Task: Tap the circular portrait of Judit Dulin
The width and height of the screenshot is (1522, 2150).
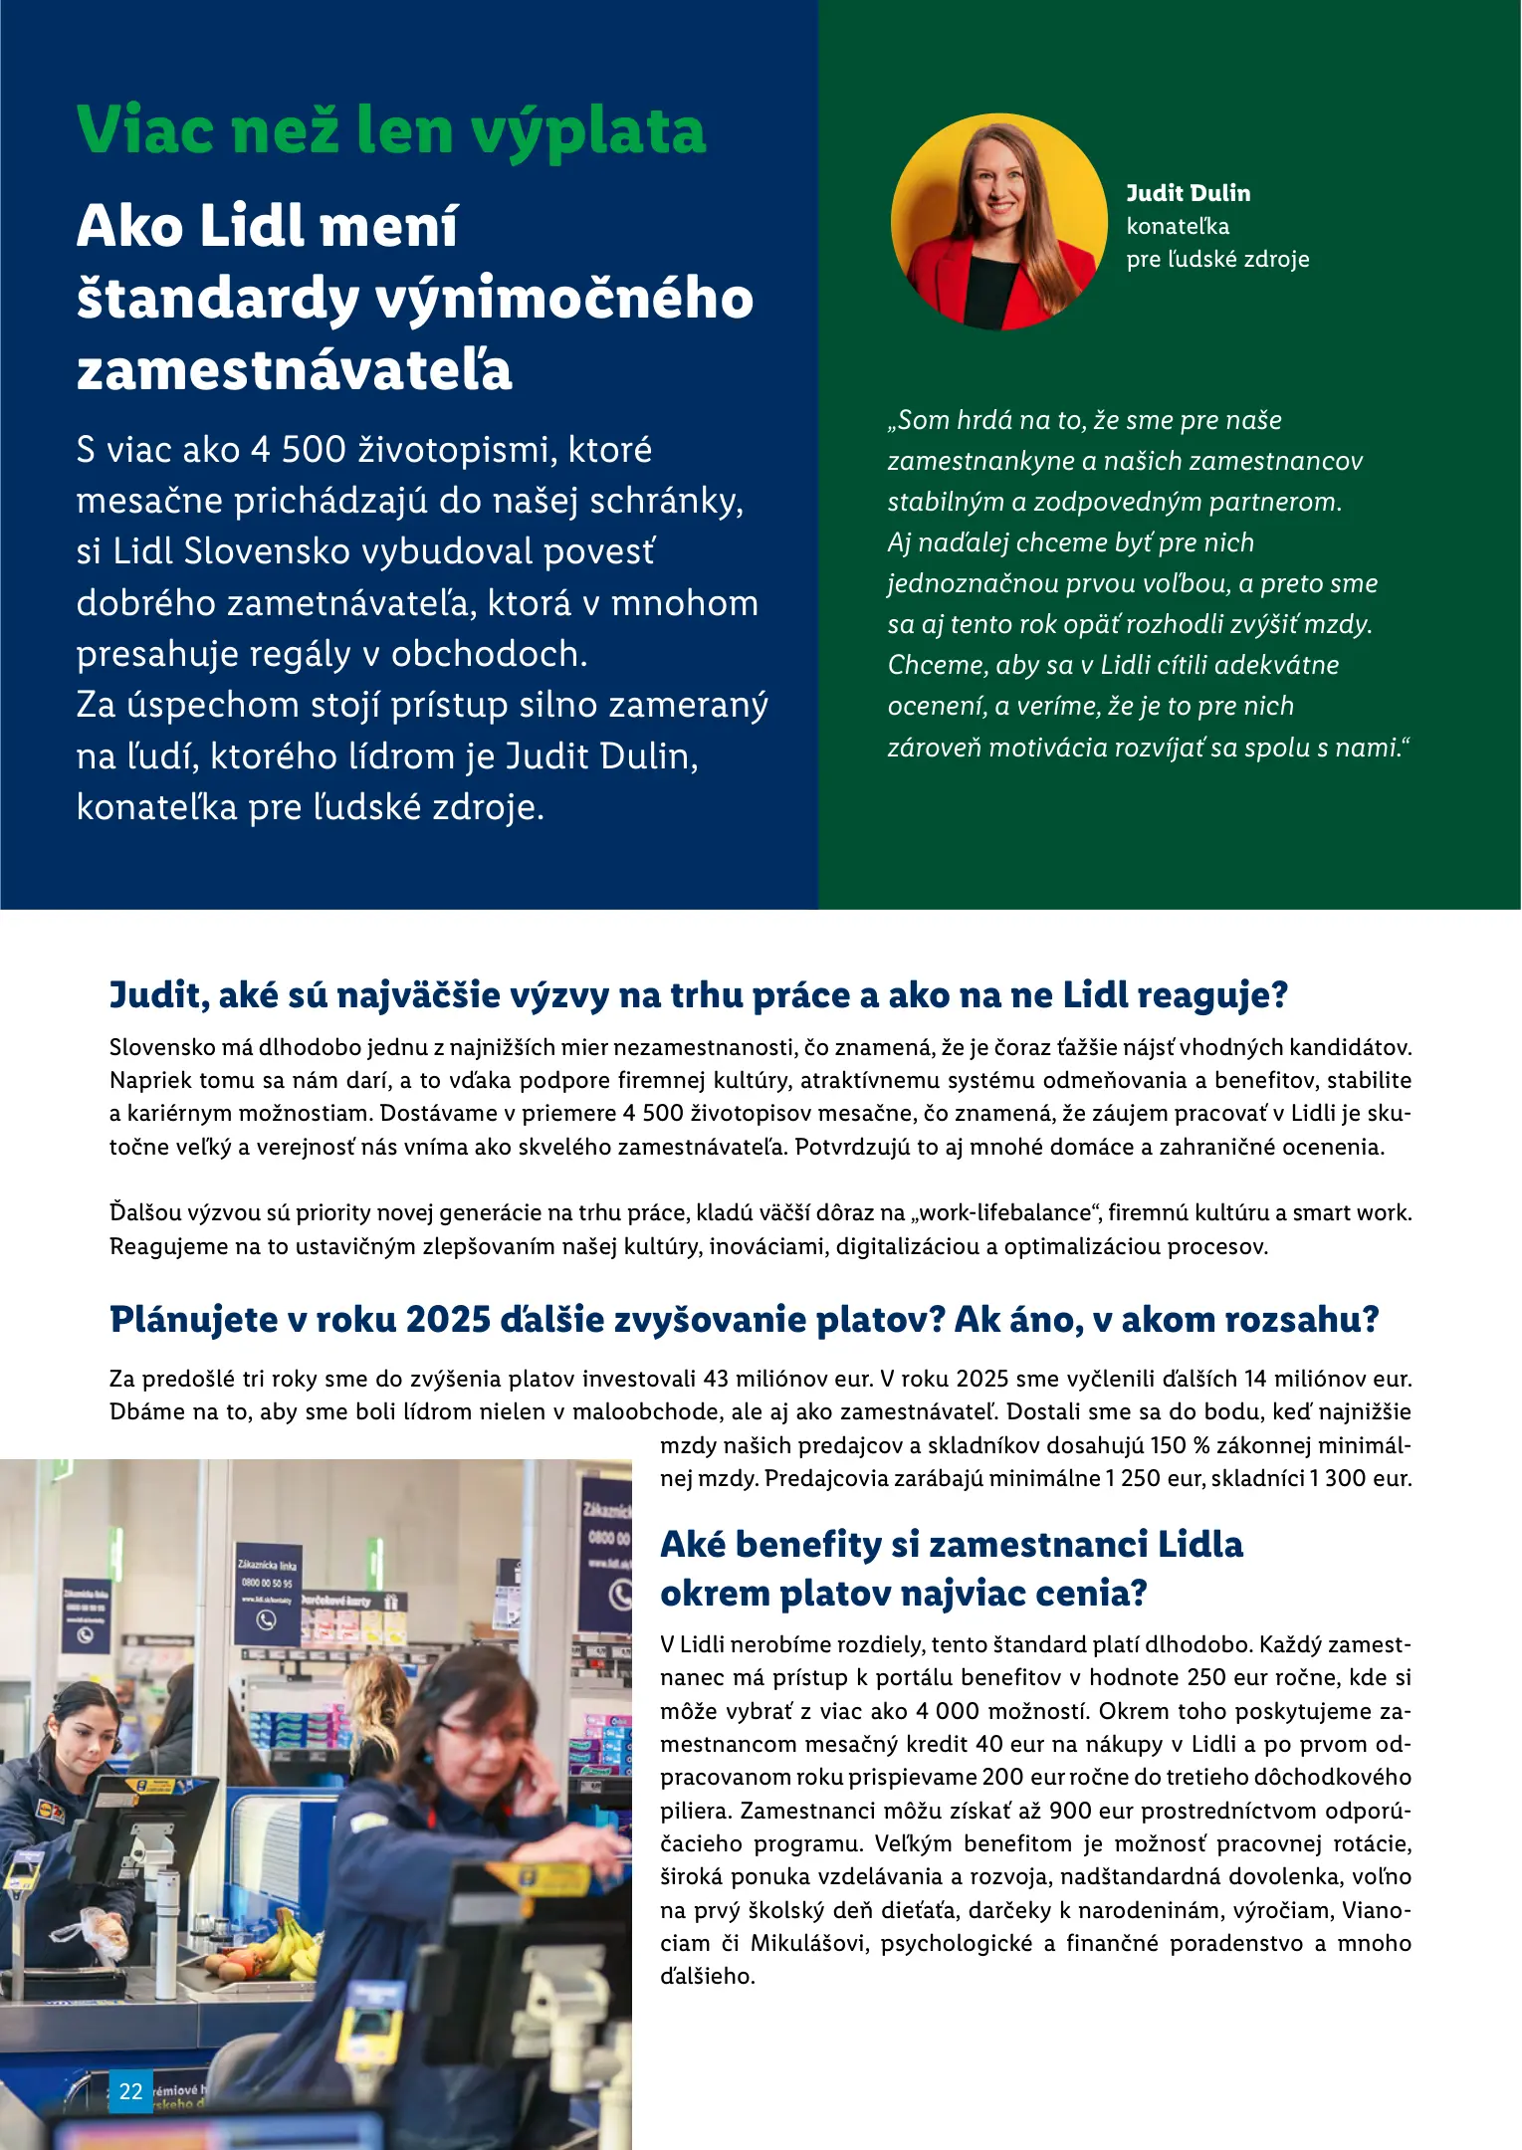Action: tap(998, 221)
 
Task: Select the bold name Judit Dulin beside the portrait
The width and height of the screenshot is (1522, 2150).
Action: tap(1188, 193)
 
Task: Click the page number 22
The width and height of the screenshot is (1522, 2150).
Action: tap(130, 2091)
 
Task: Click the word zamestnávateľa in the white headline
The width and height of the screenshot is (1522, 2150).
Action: tap(294, 370)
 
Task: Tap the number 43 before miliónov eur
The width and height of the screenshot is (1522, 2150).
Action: tap(716, 1379)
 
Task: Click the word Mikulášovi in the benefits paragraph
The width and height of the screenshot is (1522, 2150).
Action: tap(808, 1943)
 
